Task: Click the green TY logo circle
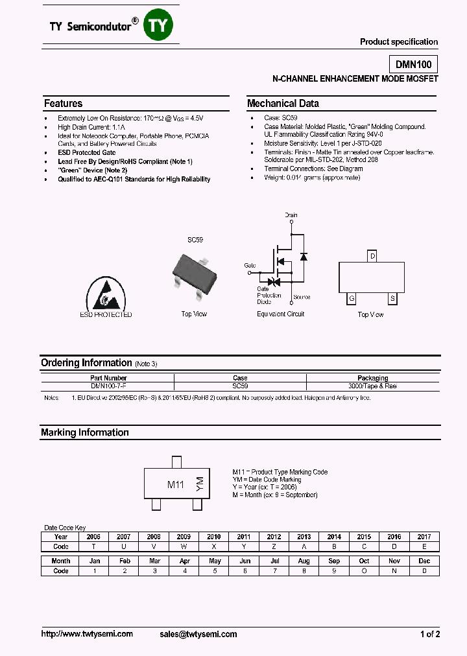pos(158,26)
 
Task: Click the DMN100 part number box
pos(413,64)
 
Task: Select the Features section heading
pos(64,104)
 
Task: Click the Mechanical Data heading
pos(283,104)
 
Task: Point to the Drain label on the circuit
pos(291,215)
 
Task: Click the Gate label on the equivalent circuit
pos(250,265)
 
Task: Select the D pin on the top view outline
pos(372,256)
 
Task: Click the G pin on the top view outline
pos(351,298)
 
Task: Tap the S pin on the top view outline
pos(392,298)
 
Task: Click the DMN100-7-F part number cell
pos(108,386)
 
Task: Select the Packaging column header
pos(373,378)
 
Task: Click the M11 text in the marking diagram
pos(176,485)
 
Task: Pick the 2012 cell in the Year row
pos(274,537)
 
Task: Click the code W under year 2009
pos(184,546)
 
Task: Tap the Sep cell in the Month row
pos(334,561)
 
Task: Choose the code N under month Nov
pos(394,571)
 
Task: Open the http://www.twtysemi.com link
pos(87,634)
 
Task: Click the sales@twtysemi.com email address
pos(198,634)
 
